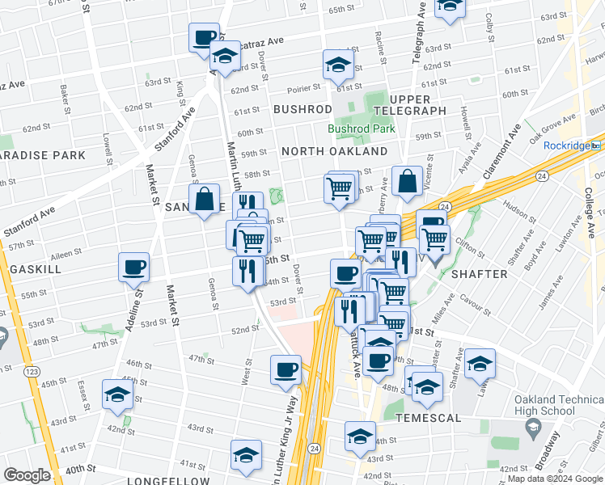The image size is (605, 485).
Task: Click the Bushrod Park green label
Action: (361, 129)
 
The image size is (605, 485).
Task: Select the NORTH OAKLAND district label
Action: (334, 151)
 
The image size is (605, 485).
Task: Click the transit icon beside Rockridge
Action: (596, 145)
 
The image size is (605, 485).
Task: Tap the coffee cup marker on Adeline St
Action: (134, 267)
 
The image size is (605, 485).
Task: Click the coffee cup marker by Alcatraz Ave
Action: (204, 36)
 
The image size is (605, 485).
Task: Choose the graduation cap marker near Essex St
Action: (117, 394)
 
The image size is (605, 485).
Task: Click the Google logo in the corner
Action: (27, 476)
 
